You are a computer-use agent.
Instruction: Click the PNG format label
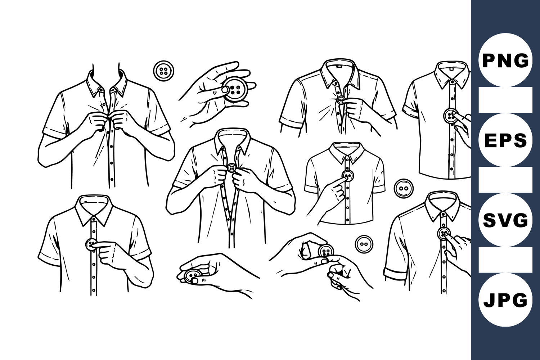tap(505, 61)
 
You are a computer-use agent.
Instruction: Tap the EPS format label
tap(505, 140)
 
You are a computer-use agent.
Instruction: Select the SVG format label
tap(505, 220)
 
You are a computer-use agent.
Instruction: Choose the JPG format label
tap(505, 300)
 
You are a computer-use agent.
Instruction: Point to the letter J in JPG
tap(490, 300)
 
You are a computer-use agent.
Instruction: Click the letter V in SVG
tap(506, 220)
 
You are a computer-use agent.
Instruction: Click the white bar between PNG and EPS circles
tap(505, 100)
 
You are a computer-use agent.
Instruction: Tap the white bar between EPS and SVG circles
tap(505, 180)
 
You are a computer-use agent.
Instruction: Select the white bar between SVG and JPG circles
tap(505, 260)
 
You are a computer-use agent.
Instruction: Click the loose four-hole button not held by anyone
tap(164, 71)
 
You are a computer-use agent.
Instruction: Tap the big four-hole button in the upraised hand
tap(235, 89)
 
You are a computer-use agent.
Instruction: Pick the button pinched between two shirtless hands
tap(326, 251)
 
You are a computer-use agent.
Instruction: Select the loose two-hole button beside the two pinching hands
tap(364, 244)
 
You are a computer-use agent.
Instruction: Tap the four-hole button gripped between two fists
tap(232, 168)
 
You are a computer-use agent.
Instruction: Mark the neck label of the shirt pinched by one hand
tap(339, 65)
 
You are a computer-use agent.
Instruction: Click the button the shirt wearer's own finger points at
tap(91, 244)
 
